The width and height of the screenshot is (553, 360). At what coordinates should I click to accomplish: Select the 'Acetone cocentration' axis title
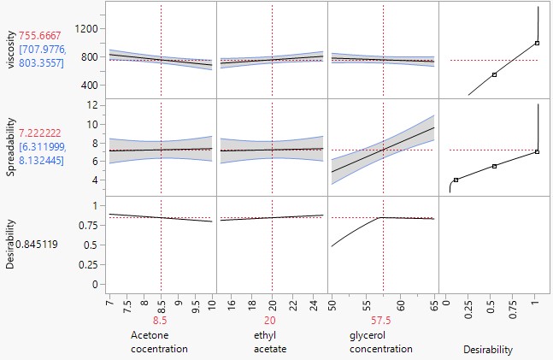159,342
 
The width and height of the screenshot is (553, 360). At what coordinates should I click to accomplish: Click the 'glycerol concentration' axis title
382,342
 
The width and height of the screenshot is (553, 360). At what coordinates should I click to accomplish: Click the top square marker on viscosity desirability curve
537,43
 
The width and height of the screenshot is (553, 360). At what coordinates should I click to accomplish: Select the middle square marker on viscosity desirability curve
494,74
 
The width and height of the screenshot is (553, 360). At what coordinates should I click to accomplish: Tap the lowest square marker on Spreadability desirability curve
456,180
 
